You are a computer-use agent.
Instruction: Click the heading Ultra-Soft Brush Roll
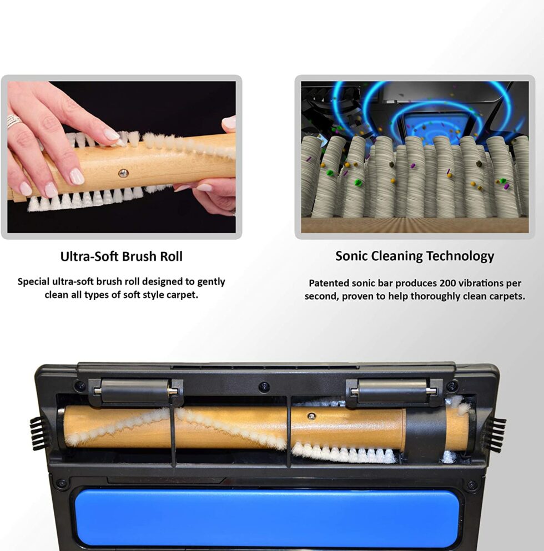(x=121, y=257)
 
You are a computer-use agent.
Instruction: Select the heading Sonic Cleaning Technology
(x=414, y=256)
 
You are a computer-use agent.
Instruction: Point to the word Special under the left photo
(x=35, y=281)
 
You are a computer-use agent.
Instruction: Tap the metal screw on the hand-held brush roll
(x=123, y=173)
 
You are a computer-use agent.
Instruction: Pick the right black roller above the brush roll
(x=392, y=391)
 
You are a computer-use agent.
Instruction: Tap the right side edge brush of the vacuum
(x=495, y=434)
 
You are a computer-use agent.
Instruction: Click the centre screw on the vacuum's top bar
(x=264, y=386)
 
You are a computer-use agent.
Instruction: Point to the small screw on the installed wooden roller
(x=311, y=417)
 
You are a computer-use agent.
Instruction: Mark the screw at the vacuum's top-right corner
(x=452, y=386)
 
